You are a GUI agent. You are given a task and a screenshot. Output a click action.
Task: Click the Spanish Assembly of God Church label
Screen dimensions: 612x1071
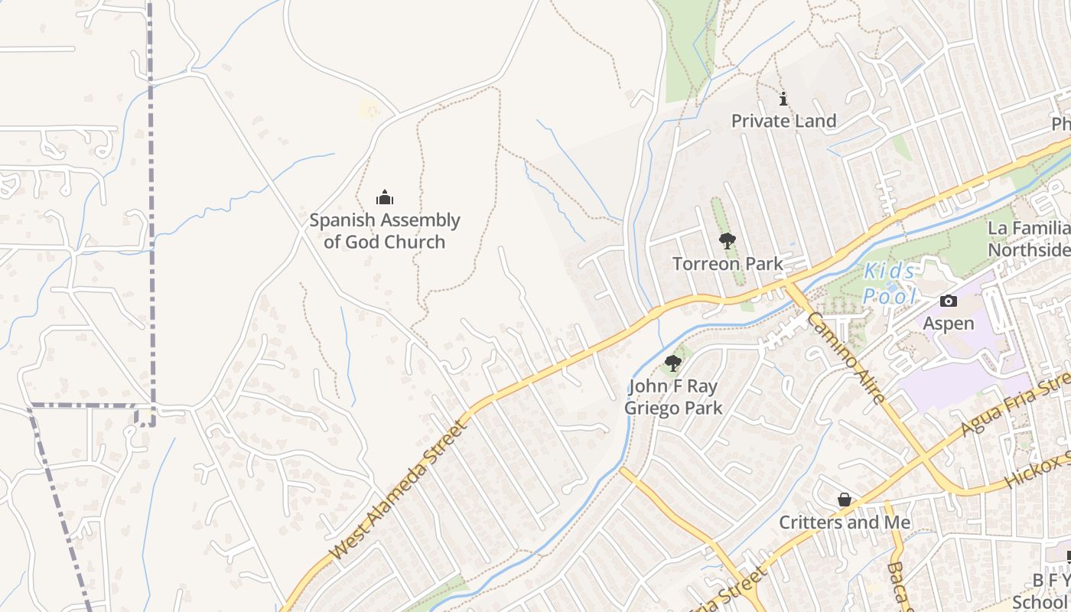pyautogui.click(x=384, y=231)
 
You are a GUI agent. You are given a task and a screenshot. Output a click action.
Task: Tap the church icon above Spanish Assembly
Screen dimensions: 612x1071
pyautogui.click(x=385, y=198)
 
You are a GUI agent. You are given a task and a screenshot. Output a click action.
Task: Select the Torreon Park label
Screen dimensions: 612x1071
pyautogui.click(x=728, y=264)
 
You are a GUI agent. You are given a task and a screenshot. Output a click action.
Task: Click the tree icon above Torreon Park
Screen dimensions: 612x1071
pyautogui.click(x=728, y=241)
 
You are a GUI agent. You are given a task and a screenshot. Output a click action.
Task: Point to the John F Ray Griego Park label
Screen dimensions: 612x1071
pyautogui.click(x=673, y=396)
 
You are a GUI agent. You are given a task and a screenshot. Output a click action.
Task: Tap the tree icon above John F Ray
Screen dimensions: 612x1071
pyautogui.click(x=673, y=363)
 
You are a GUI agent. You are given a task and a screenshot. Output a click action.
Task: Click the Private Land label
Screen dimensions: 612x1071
pyautogui.click(x=783, y=121)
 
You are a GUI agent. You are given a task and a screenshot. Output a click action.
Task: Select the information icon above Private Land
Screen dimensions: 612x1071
pyautogui.click(x=783, y=99)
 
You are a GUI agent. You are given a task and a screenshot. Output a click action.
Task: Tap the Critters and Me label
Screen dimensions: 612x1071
pyautogui.click(x=845, y=522)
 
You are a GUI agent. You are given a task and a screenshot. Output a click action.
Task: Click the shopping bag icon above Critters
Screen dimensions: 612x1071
pyautogui.click(x=845, y=500)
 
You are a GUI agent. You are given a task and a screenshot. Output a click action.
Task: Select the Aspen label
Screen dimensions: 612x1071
pyautogui.click(x=949, y=323)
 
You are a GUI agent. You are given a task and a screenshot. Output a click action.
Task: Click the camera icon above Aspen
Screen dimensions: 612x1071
pyautogui.click(x=949, y=301)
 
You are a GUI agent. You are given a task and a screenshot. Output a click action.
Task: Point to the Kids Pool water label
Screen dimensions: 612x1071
pyautogui.click(x=889, y=282)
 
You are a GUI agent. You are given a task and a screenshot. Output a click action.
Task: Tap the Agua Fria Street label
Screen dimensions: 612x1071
pyautogui.click(x=1013, y=405)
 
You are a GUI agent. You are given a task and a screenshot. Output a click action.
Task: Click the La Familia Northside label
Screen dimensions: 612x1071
pyautogui.click(x=1030, y=239)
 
